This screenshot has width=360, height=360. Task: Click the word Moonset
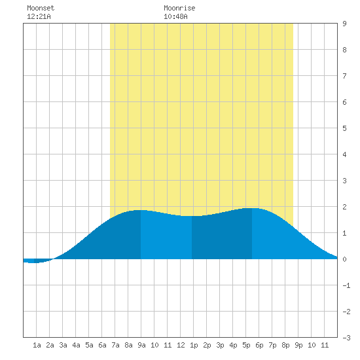click(x=41, y=8)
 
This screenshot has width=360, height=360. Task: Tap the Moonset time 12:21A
click(x=39, y=16)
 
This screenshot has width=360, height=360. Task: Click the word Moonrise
click(x=179, y=8)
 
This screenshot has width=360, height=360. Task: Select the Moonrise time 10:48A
click(x=175, y=16)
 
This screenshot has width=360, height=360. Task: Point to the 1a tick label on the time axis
click(x=37, y=345)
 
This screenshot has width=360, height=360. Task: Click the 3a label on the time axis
click(x=63, y=345)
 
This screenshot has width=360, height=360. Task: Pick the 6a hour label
click(x=102, y=345)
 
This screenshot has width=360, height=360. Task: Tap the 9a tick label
click(x=141, y=345)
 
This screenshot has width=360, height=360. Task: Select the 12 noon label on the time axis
click(x=181, y=345)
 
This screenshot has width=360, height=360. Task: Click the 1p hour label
click(x=194, y=345)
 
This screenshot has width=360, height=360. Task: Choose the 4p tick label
click(x=233, y=345)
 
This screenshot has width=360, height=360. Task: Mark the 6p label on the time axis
click(x=259, y=345)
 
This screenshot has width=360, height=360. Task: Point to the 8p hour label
click(x=285, y=345)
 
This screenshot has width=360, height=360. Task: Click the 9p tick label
click(x=298, y=345)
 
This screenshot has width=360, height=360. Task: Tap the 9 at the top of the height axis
click(x=344, y=24)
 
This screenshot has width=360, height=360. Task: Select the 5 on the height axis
click(x=344, y=128)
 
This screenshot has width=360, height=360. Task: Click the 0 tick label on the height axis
click(x=344, y=259)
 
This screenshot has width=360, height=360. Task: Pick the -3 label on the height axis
click(x=346, y=338)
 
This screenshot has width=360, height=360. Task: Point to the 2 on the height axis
click(x=344, y=207)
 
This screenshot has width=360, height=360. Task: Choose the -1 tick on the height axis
click(x=346, y=285)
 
